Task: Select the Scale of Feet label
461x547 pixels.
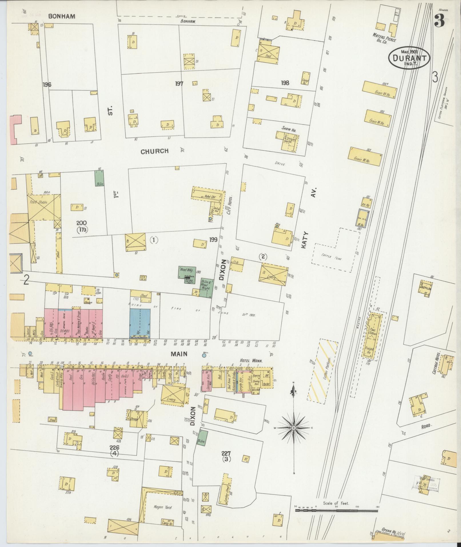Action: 336,503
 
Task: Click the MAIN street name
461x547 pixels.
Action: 179,354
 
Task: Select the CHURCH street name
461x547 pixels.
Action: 155,151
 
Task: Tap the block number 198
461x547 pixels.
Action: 285,83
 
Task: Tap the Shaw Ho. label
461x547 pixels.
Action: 290,130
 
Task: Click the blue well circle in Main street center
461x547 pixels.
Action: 204,356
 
